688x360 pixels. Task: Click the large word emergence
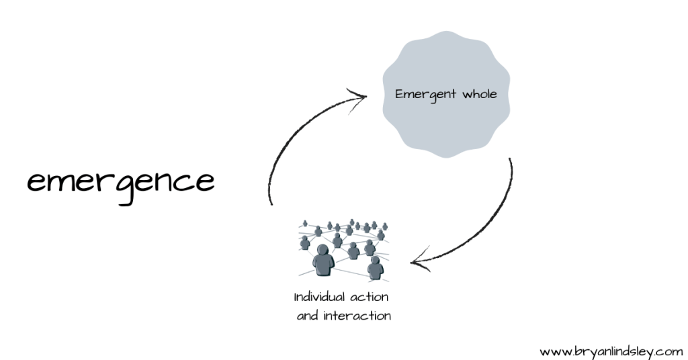point(121,182)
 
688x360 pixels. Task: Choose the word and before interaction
point(308,316)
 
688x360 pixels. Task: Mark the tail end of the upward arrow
point(270,204)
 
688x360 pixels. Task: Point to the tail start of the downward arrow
point(510,160)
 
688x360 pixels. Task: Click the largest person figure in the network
point(324,261)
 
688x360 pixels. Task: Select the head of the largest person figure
point(324,251)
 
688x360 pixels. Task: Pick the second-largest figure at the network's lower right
point(375,268)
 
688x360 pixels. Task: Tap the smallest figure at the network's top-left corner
point(305,224)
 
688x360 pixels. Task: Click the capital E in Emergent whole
point(399,93)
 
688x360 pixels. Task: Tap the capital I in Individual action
point(296,296)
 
